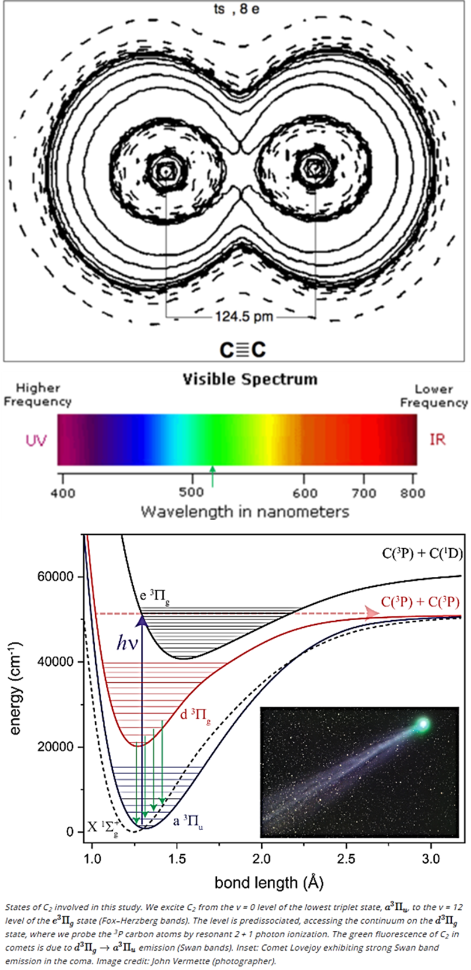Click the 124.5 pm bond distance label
244,317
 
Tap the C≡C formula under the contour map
243,350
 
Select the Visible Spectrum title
250,379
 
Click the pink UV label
36,440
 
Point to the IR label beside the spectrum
437,439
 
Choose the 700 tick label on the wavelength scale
363,493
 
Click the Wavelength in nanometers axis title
245,511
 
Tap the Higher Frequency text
38,395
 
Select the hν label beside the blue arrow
127,644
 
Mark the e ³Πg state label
154,597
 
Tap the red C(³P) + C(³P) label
420,602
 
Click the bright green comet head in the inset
422,725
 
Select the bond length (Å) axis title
269,882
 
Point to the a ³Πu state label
188,822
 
